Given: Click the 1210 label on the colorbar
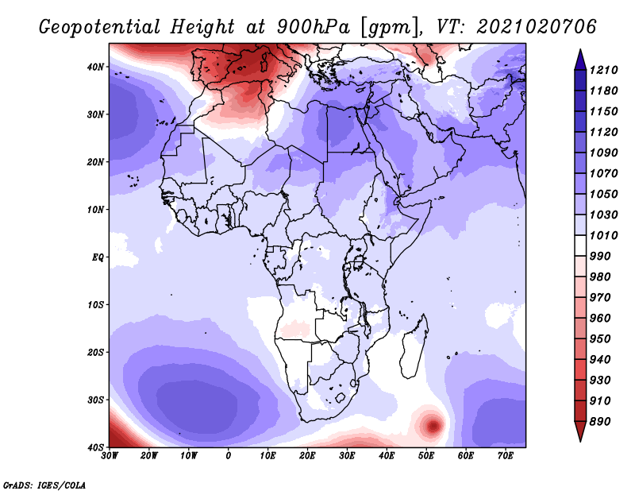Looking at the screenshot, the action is pos(603,70).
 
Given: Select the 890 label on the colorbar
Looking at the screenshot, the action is pos(599,422).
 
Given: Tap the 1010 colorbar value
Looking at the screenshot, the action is pos(603,235).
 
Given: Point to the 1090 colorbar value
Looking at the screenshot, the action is pos(603,153).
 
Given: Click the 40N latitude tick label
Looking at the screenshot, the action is pos(95,67).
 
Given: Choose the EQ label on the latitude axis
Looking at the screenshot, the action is pos(98,257).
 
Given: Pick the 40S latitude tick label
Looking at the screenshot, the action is pos(95,447).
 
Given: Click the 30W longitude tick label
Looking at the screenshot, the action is pos(110,456).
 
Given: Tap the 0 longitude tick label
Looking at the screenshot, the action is pos(229,456).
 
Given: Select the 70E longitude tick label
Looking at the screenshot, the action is pos(506,456).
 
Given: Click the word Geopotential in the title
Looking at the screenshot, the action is pos(100,27).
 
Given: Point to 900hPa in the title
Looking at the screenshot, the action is pos(313,27).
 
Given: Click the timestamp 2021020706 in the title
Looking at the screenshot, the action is pos(537,27).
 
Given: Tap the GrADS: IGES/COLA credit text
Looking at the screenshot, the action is pos(44,485).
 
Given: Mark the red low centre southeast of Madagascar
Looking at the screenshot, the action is pos(433,426).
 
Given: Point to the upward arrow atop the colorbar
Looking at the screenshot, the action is pos(580,60).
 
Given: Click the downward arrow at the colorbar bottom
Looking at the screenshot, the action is pos(580,431).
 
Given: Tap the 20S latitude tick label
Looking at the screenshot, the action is pos(95,352).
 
